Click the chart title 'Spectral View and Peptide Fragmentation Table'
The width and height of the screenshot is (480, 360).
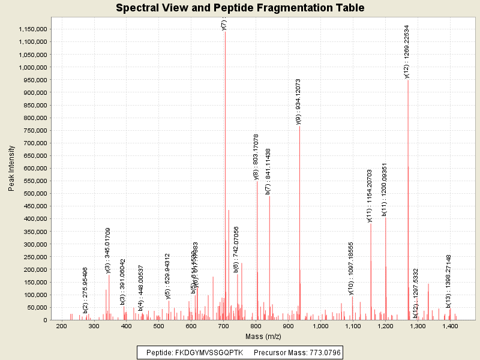coord(240,8)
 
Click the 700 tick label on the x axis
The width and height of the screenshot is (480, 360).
coord(223,326)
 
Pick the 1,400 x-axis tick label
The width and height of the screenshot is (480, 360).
coord(450,326)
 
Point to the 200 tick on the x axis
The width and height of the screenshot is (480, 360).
coord(61,326)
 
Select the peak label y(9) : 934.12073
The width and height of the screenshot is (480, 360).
coord(298,101)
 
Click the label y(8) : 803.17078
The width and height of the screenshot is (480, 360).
coord(256,157)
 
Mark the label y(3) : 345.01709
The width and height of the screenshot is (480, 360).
coord(108,251)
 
